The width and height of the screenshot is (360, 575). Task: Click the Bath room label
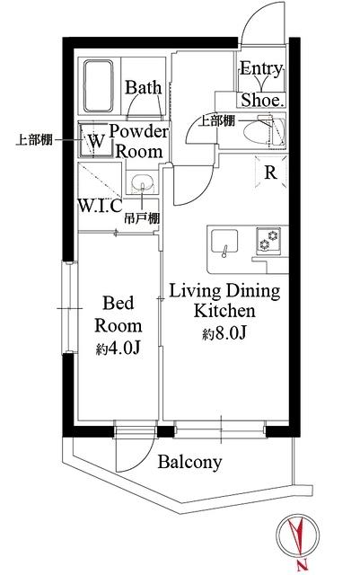(x=143, y=87)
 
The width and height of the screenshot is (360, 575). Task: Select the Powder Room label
(x=139, y=142)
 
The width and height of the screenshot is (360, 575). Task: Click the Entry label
(x=262, y=70)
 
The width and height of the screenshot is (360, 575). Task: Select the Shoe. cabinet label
(x=262, y=100)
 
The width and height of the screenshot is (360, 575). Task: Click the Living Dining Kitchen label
(x=225, y=301)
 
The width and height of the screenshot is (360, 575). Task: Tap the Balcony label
(x=189, y=463)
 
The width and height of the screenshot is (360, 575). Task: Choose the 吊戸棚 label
(x=143, y=218)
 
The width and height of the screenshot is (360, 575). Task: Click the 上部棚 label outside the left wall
(x=32, y=140)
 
